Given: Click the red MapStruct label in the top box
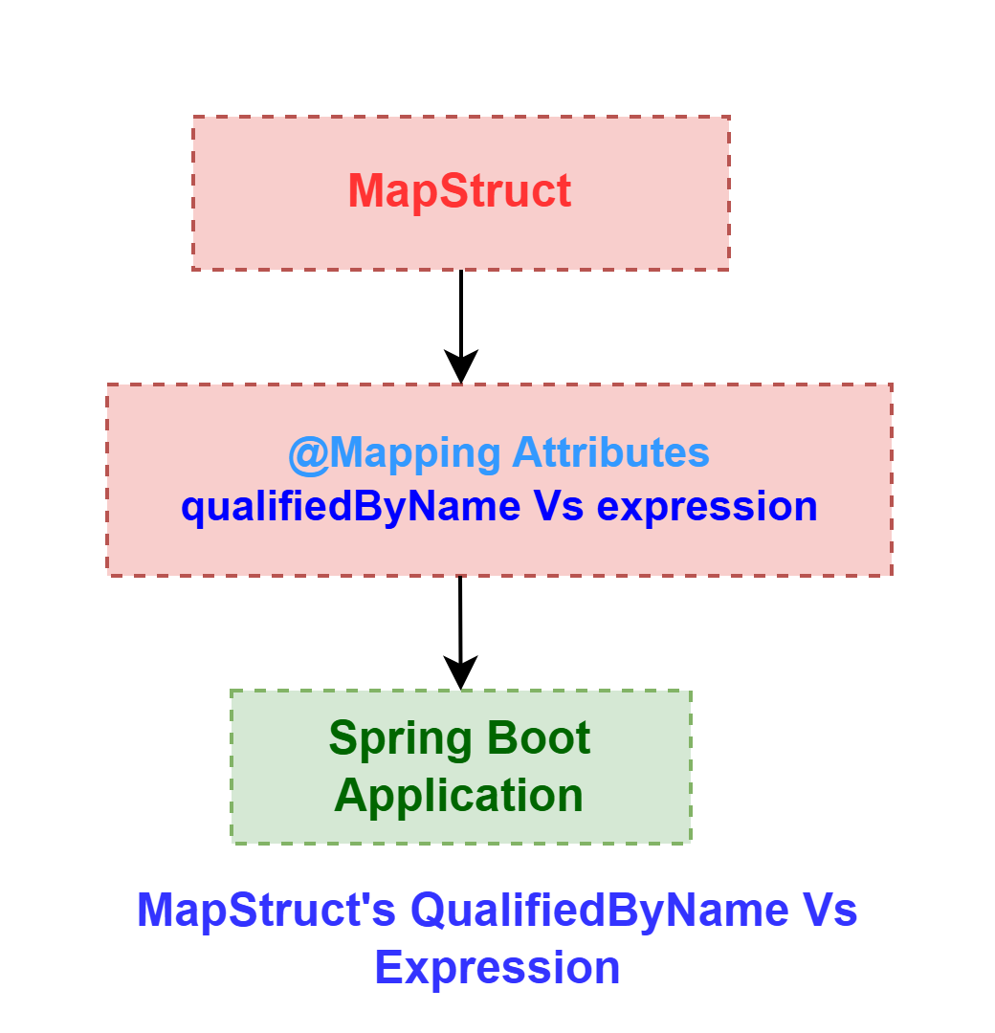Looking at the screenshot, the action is (459, 191).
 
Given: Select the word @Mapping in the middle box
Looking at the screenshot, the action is (395, 454).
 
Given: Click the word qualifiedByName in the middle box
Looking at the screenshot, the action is (351, 507).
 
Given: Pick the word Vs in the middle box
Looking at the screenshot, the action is (559, 507).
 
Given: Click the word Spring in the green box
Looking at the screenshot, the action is (400, 739).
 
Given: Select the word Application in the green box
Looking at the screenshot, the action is (458, 797).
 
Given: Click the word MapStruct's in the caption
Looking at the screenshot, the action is (266, 910).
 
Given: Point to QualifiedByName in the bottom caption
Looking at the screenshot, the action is (600, 912).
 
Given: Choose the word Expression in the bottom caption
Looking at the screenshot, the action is (497, 968).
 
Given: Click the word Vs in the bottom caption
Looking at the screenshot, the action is (829, 910).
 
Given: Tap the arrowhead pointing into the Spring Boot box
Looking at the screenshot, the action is (460, 672).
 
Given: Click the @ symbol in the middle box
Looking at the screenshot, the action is (308, 454).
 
